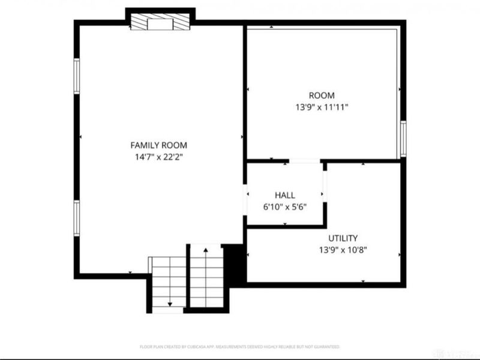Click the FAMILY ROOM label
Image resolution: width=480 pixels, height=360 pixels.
(x=158, y=145)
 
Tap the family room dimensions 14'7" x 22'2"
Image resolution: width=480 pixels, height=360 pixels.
(x=158, y=157)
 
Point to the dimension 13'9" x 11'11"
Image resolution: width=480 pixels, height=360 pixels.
(x=322, y=107)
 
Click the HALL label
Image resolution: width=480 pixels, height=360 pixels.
(x=284, y=196)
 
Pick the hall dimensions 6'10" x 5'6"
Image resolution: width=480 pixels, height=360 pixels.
(x=284, y=207)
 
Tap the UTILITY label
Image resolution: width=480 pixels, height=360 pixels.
(x=343, y=238)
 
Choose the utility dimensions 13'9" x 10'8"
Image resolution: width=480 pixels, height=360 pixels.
(x=343, y=250)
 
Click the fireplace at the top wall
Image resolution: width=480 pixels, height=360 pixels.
(x=160, y=23)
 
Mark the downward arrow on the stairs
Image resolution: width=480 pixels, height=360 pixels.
(x=169, y=305)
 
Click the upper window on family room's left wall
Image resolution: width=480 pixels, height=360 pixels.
(x=77, y=76)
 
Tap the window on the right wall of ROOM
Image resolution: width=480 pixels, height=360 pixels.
(x=403, y=139)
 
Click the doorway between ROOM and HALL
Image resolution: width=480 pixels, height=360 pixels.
(x=304, y=161)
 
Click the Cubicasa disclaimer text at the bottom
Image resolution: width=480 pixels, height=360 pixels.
(x=240, y=347)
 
